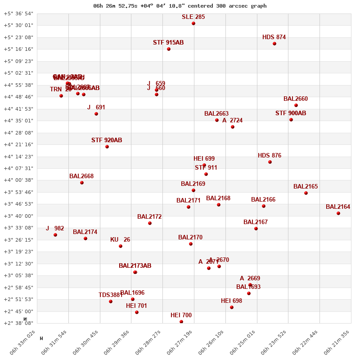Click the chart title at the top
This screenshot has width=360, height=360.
180,6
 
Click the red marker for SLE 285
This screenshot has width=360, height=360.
193,23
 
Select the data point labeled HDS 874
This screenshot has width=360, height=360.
274,44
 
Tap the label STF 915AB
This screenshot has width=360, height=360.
168,43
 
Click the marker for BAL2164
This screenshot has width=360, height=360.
338,213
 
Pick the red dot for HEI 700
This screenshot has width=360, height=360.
181,322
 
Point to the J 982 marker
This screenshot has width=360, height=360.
55,235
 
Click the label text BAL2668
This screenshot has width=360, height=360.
81,176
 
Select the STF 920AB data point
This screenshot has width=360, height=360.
107,147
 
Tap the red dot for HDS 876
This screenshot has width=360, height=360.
270,162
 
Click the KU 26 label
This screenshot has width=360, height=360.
120,240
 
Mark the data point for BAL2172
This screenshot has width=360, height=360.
150,223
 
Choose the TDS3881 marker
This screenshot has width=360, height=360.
111,301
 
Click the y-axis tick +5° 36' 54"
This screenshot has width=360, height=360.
18,13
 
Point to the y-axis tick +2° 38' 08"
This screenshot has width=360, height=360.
18,323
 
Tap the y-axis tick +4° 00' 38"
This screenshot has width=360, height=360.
18,180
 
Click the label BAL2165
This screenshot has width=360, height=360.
306,187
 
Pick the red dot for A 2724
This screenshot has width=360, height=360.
233,127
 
